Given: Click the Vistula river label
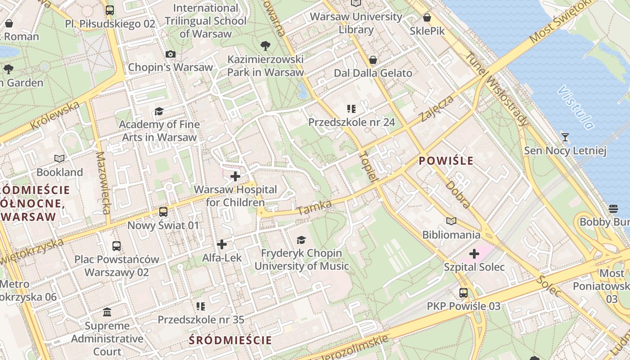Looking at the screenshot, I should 575,107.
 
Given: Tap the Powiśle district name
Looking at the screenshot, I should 446,161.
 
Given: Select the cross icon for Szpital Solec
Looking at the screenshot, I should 474,254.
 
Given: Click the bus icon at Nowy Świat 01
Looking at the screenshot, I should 163,211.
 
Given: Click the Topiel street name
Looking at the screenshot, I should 368,167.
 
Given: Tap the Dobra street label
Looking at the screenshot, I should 458,195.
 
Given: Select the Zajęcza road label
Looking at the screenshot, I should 435,109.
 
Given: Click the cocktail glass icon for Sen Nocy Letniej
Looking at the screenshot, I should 565,137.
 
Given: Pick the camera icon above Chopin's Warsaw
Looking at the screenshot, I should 170,54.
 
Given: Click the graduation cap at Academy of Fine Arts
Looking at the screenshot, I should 159,111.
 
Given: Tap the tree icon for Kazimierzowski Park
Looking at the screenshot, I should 265,45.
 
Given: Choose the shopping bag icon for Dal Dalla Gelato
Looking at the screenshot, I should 373,60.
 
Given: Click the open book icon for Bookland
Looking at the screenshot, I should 59,158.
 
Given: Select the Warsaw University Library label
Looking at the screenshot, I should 356,23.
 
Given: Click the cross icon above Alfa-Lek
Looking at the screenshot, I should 222,244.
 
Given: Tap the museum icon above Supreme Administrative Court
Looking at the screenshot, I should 107,312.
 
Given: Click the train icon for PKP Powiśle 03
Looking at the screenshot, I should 463,293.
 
